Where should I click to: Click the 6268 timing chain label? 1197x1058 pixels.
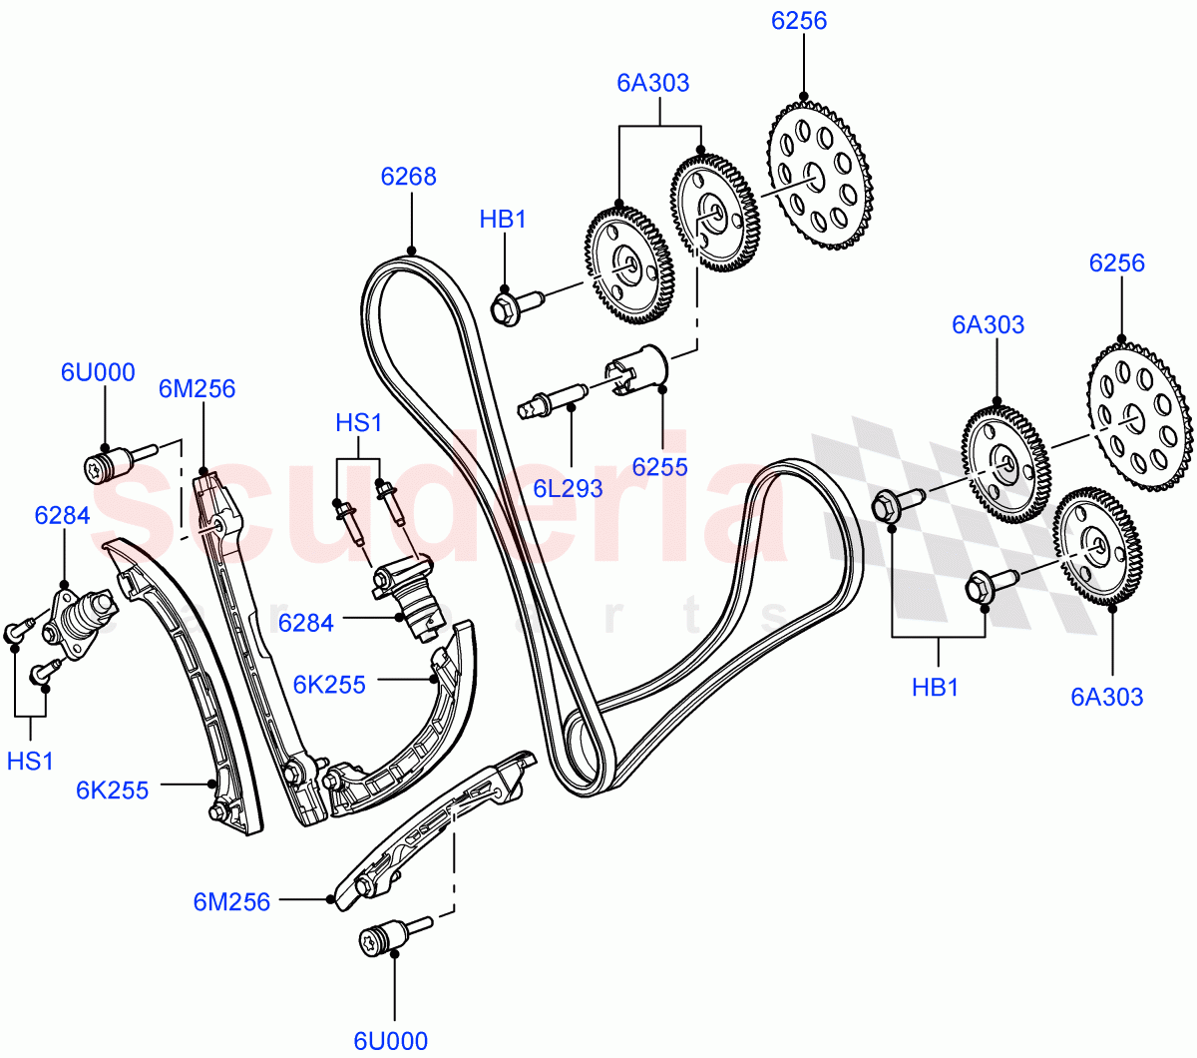pyautogui.click(x=408, y=177)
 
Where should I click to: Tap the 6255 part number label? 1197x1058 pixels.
pyautogui.click(x=659, y=466)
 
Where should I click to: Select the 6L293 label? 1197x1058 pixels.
pyautogui.click(x=568, y=489)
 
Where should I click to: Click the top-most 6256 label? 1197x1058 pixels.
pyautogui.click(x=799, y=21)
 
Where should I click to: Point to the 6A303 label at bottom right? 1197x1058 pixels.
pyautogui.click(x=1106, y=697)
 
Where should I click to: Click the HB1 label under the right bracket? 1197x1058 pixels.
pyautogui.click(x=935, y=688)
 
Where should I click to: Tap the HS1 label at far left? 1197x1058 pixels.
pyautogui.click(x=30, y=762)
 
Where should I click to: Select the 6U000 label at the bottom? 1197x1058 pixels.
pyautogui.click(x=391, y=1040)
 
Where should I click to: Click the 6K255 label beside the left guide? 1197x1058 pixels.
pyautogui.click(x=112, y=791)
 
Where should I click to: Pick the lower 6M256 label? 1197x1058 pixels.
pyautogui.click(x=231, y=902)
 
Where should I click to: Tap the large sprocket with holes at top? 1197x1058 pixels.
pyautogui.click(x=819, y=175)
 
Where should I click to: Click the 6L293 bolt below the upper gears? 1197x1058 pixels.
pyautogui.click(x=550, y=402)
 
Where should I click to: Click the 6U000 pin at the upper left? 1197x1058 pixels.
pyautogui.click(x=111, y=463)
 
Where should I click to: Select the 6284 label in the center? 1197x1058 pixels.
pyautogui.click(x=305, y=623)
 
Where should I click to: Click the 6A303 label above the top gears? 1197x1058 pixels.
pyautogui.click(x=652, y=83)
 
